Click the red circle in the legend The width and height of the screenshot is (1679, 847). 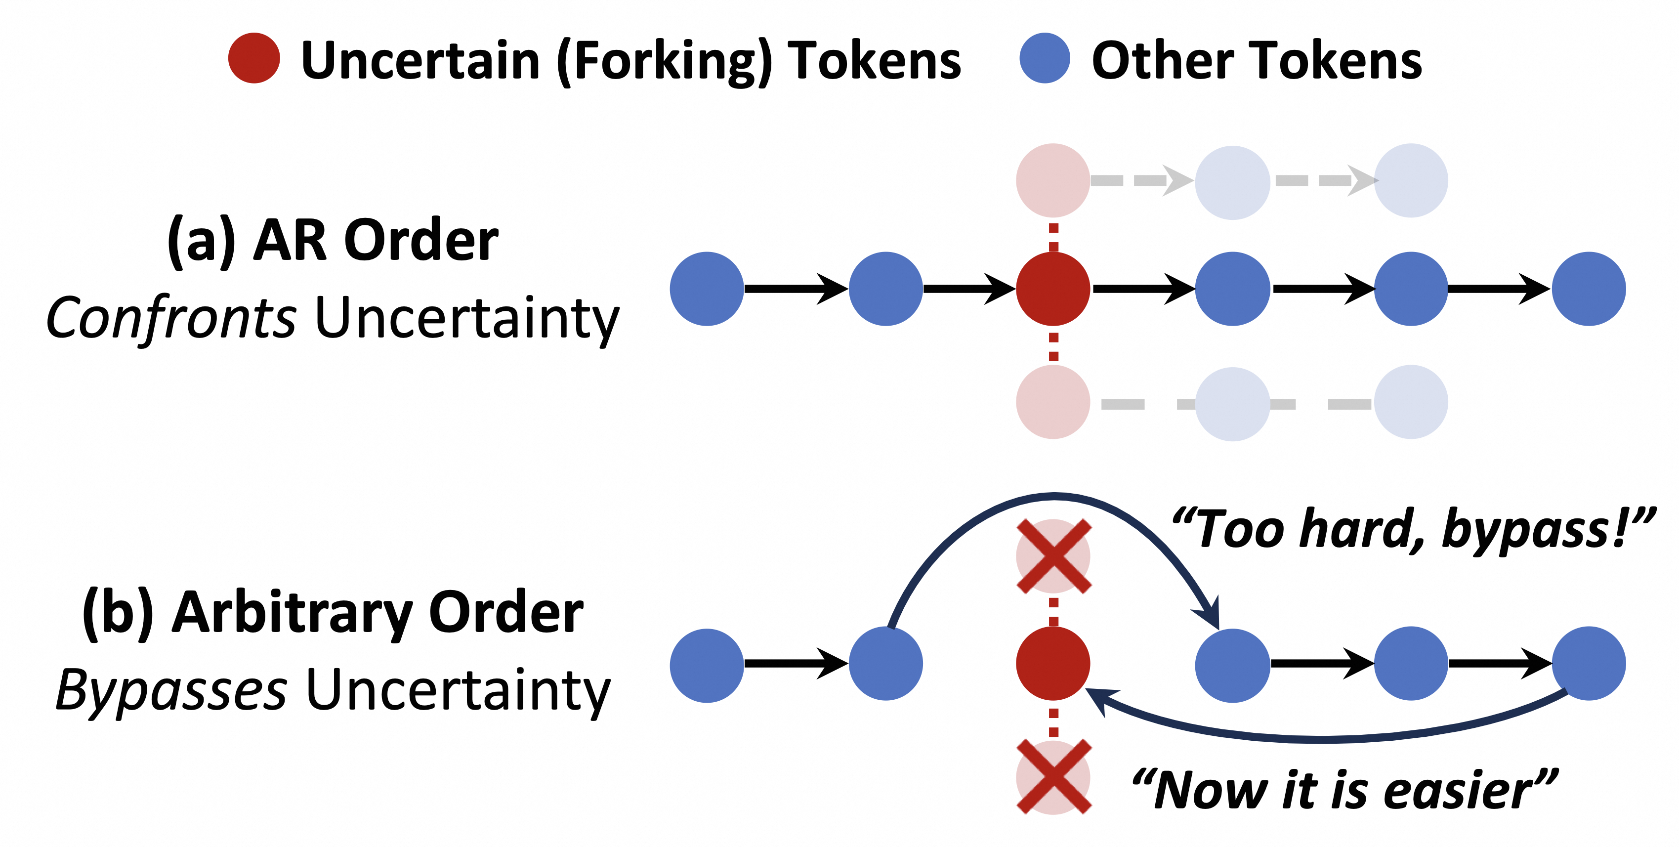point(254,58)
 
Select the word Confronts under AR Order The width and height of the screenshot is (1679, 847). point(171,318)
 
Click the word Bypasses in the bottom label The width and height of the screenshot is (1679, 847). point(171,690)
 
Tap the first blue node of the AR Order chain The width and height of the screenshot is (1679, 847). point(707,289)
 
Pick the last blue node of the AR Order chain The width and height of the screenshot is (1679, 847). point(1589,289)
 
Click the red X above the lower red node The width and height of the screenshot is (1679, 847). point(1053,556)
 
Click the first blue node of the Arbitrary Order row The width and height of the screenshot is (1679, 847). point(707,665)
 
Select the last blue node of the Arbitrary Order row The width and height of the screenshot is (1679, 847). point(1589,663)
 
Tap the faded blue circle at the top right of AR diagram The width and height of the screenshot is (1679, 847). point(1411,180)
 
